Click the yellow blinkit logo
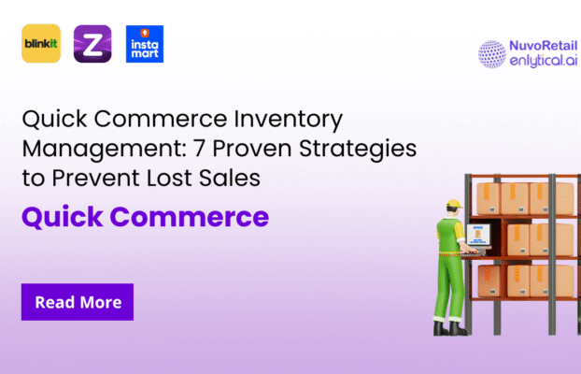[x=41, y=44]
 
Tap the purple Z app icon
[x=92, y=44]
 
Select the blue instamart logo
[x=144, y=44]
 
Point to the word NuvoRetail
[x=539, y=45]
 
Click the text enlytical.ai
[x=538, y=62]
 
